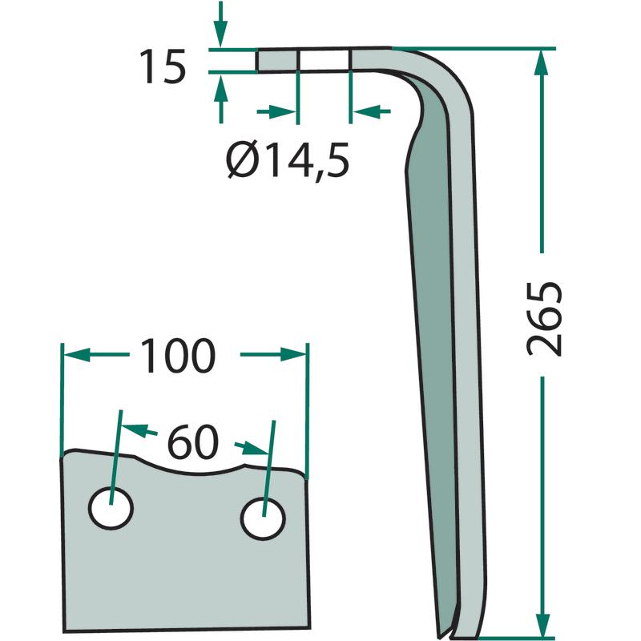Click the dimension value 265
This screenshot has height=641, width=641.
[544, 319]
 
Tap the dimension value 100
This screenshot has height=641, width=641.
[177, 356]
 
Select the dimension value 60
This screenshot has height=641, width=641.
[193, 441]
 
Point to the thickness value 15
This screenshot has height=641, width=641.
[163, 67]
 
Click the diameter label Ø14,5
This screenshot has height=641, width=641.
[288, 160]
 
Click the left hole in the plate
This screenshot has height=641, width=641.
[111, 508]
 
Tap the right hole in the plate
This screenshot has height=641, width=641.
[264, 518]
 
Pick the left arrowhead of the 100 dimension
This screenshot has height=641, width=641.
[76, 354]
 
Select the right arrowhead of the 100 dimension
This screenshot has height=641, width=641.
[292, 355]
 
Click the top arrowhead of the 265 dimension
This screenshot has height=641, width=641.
[542, 63]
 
